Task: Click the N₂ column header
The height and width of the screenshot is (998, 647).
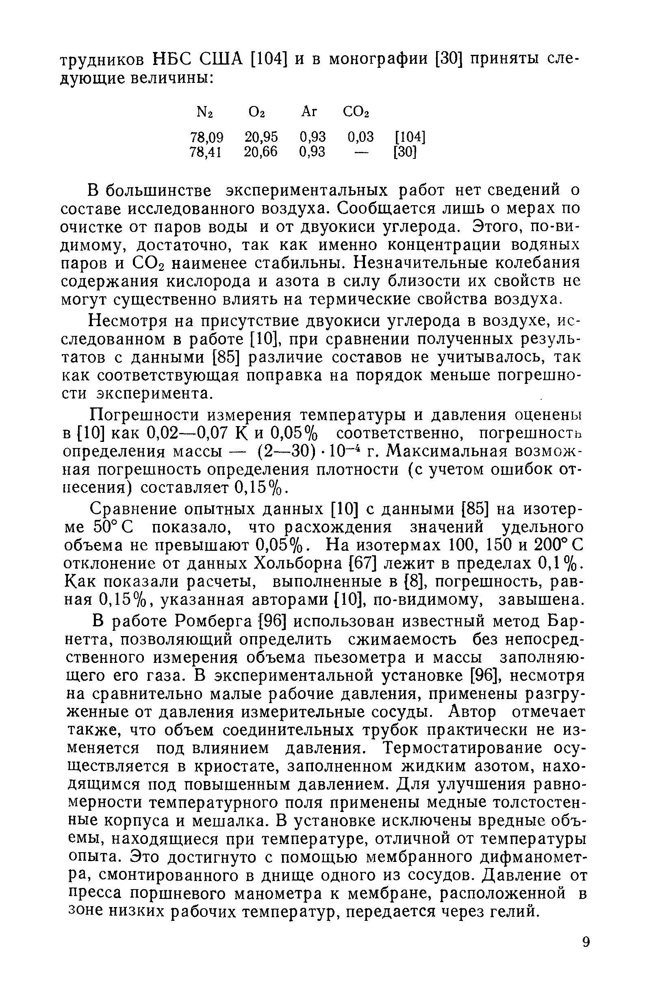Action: click(205, 113)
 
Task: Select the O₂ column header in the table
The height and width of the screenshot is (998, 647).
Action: click(257, 113)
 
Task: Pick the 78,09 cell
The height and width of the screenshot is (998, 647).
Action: click(206, 138)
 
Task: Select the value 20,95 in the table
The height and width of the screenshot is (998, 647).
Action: click(261, 138)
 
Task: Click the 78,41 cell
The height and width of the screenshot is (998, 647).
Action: click(206, 152)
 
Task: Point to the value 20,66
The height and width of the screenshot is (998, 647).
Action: click(261, 152)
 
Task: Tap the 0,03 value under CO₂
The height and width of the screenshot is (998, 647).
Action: click(360, 138)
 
